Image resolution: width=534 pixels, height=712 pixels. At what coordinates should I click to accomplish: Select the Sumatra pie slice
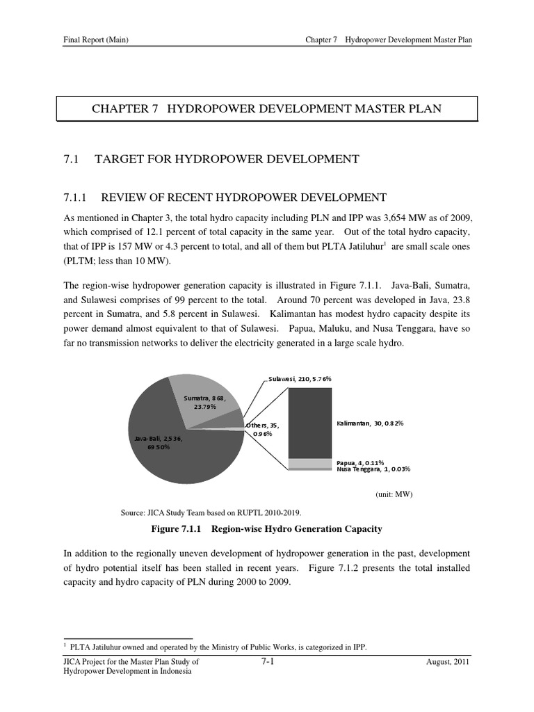(202, 400)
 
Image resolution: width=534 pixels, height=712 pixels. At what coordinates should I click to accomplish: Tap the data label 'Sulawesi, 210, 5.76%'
(300, 379)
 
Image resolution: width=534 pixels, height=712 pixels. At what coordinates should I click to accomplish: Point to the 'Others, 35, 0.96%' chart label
(262, 429)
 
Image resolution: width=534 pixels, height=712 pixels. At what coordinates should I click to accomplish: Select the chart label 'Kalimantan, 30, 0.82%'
(370, 423)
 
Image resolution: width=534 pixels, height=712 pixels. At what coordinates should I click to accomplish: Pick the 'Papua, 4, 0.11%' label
(360, 462)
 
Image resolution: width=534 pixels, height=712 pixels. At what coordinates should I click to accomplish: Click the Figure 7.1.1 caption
(267, 529)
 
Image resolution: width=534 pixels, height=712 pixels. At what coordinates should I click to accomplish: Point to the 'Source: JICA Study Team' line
(211, 512)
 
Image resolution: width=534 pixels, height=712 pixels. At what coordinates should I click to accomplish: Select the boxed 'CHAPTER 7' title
(267, 108)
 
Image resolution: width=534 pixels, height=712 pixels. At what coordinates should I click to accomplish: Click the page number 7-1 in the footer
(267, 662)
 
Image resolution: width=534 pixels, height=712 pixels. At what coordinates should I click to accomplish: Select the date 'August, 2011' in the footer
(448, 663)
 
